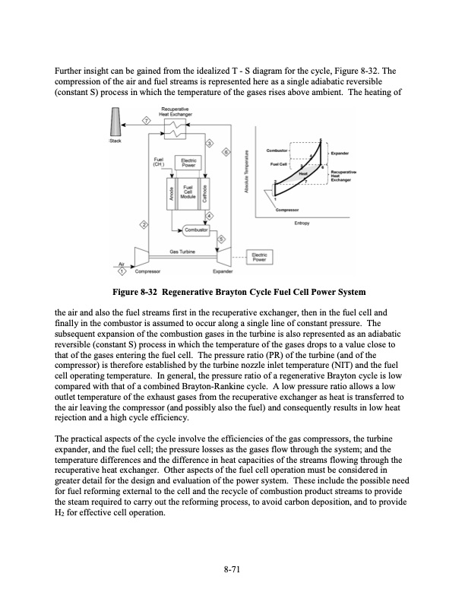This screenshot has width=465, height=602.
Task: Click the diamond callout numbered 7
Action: point(147,122)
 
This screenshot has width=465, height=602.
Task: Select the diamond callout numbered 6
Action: point(226,153)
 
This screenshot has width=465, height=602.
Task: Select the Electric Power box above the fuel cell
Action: point(189,161)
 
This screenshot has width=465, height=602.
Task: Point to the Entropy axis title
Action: point(293,223)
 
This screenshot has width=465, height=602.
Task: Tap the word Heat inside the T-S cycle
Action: point(302,173)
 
